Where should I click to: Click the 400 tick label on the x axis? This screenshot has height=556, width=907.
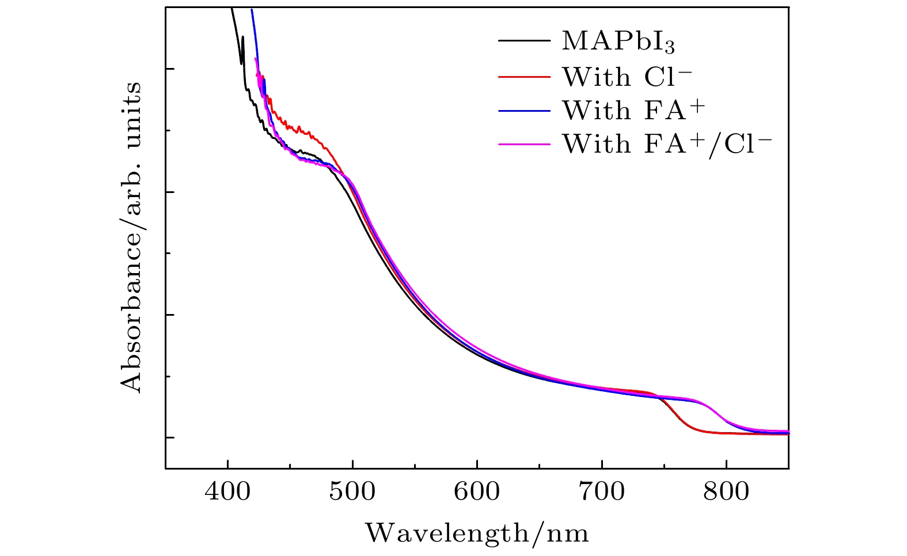(228, 491)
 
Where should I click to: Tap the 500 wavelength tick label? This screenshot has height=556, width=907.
(352, 491)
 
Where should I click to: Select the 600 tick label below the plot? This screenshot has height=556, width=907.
(477, 491)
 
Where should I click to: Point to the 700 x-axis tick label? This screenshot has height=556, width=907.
(601, 491)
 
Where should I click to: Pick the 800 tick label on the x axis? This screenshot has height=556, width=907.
(726, 491)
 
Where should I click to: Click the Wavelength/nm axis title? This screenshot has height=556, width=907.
(477, 533)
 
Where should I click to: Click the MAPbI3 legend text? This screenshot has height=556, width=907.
(618, 41)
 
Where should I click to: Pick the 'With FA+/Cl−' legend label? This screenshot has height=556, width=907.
(666, 143)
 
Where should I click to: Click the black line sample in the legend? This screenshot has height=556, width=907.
(524, 41)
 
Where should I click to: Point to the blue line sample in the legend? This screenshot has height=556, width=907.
(524, 110)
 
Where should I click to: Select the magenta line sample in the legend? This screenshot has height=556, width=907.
(524, 143)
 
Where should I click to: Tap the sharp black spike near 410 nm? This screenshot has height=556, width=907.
(242, 39)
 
